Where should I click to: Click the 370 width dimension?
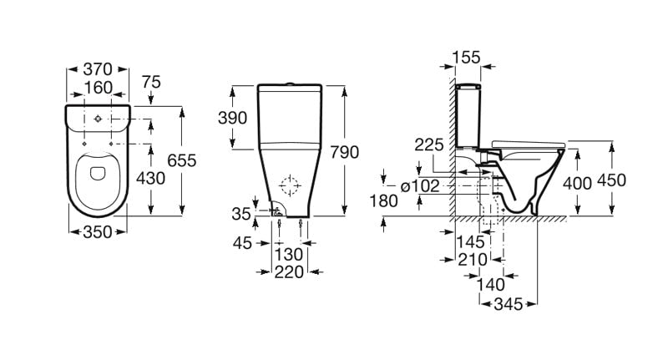(x=98, y=69)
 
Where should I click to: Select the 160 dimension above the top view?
(x=98, y=88)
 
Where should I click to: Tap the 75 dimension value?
(x=151, y=82)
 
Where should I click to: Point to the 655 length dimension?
(x=181, y=160)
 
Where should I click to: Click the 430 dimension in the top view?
(x=150, y=178)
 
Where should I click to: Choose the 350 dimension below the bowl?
(x=98, y=232)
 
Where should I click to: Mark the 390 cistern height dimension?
(x=232, y=118)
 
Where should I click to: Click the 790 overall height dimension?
(x=344, y=152)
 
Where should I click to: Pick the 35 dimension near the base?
(x=241, y=214)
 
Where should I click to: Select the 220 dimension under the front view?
(x=289, y=272)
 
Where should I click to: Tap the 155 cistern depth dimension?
(x=466, y=57)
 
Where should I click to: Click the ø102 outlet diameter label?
(x=420, y=186)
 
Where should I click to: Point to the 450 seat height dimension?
(x=611, y=180)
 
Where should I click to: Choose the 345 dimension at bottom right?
(x=508, y=304)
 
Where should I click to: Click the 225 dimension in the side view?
(x=429, y=145)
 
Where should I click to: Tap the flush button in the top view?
(x=98, y=119)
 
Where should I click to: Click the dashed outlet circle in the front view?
(x=290, y=185)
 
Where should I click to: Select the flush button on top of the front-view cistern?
(x=290, y=84)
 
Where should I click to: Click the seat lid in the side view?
(x=529, y=144)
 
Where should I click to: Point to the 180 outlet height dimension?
(x=384, y=201)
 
